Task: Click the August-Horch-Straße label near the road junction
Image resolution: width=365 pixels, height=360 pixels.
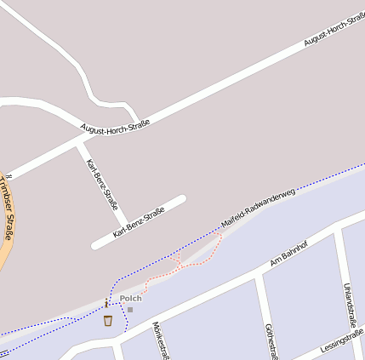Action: (x=115, y=126)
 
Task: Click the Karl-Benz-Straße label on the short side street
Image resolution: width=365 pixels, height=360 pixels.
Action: (x=138, y=223)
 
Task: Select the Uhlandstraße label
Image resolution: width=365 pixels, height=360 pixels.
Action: (x=347, y=306)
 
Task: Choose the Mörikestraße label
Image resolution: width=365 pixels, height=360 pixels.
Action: (x=158, y=340)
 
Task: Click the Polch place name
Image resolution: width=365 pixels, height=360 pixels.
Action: (x=130, y=298)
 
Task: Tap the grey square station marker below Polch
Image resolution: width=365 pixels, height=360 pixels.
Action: (x=130, y=310)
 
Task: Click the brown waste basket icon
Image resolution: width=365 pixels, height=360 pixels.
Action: (x=108, y=321)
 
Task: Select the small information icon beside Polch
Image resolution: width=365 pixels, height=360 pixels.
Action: (x=106, y=303)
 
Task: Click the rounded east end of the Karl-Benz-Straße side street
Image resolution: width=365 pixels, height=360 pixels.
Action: (x=180, y=201)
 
